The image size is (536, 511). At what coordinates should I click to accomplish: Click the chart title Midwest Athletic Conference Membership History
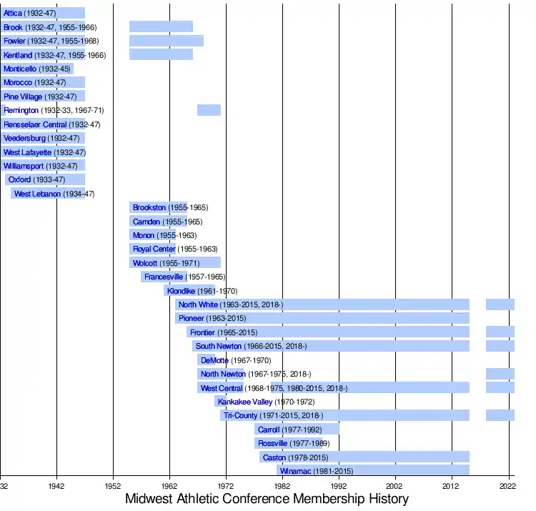pyautogui.click(x=267, y=498)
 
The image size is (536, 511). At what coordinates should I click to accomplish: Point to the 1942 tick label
pyautogui.click(x=56, y=485)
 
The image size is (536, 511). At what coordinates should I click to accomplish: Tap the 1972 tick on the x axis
pyautogui.click(x=226, y=485)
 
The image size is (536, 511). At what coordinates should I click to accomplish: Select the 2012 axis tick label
pyautogui.click(x=452, y=485)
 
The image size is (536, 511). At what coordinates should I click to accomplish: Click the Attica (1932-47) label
pyautogui.click(x=29, y=14)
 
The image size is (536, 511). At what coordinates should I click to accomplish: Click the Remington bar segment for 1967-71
pyautogui.click(x=209, y=110)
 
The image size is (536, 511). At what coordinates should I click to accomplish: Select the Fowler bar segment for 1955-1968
pyautogui.click(x=167, y=41)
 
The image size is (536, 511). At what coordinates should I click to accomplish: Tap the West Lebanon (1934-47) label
pyautogui.click(x=54, y=194)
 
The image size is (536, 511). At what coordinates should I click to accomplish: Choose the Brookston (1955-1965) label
pyautogui.click(x=170, y=207)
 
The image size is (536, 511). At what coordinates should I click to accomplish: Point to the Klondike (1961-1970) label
pyautogui.click(x=202, y=291)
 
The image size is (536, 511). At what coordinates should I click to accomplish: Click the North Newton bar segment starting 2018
pyautogui.click(x=500, y=374)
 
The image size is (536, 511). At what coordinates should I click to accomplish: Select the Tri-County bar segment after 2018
pyautogui.click(x=500, y=415)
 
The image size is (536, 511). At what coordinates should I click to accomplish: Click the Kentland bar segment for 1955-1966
pyautogui.click(x=161, y=55)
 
